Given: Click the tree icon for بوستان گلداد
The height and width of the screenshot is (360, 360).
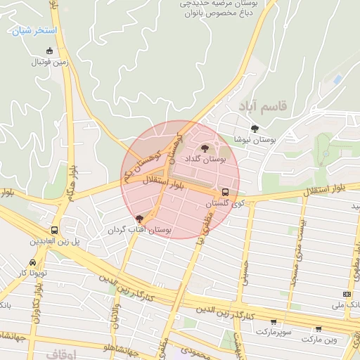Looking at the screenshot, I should coord(205,148).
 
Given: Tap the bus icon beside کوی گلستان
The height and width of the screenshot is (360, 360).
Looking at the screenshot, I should coord(225,191).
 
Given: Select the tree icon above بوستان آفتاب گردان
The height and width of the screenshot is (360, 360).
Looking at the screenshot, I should coord(139,219).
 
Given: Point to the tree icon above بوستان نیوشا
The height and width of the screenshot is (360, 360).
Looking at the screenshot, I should coord(254,128).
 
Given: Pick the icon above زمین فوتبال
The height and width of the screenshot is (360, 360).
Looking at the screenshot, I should coord(49,51).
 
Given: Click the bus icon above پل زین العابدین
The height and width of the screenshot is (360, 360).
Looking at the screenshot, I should coord(54,230).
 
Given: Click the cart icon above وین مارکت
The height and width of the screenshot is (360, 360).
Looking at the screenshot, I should coord(319,328).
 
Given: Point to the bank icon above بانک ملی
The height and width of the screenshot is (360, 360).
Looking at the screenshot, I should coord(346,294).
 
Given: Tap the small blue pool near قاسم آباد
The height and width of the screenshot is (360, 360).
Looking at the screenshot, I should coord(337,80).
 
